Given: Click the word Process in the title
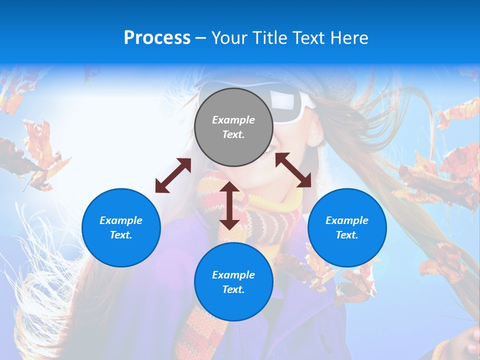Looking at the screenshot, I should pos(157,38).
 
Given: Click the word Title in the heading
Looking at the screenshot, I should pos(269,38).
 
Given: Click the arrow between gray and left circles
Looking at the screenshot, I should pos(173,175).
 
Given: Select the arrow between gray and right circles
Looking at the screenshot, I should pos(293,170).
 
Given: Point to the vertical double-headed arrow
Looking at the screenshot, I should pos(229,205).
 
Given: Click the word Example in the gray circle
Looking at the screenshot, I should pos(233,120).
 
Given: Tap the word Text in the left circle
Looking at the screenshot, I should pos(120,235).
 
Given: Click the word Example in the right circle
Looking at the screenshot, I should pos(347,220).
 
